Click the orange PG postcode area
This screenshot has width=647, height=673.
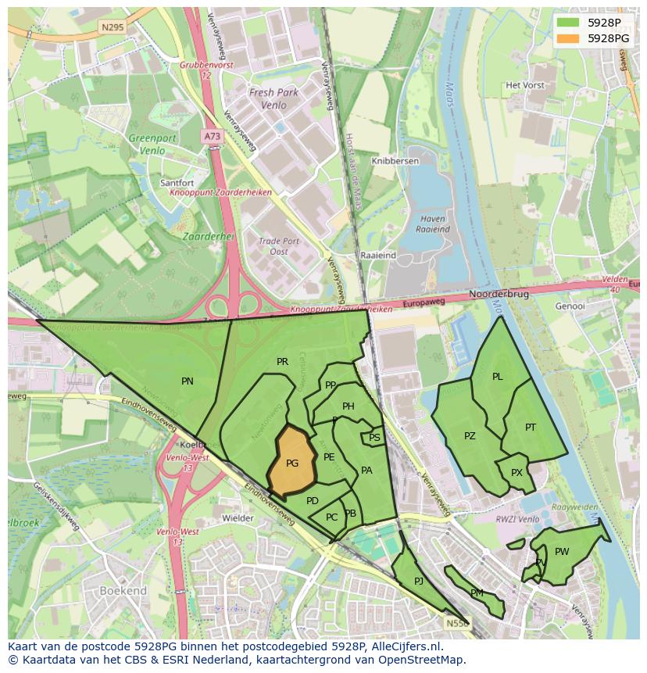[x=291, y=462]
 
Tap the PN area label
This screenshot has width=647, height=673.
[x=188, y=381]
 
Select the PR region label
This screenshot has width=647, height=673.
[x=282, y=362]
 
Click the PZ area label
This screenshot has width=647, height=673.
[x=470, y=436]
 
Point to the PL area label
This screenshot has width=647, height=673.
[x=498, y=377]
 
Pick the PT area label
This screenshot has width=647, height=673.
[x=531, y=427]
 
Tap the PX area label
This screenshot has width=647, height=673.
[x=517, y=473]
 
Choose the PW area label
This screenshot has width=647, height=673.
[x=562, y=552]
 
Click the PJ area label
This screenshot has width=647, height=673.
[x=419, y=581]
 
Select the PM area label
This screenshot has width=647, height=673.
[x=477, y=593]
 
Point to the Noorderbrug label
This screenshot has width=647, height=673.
[x=499, y=295]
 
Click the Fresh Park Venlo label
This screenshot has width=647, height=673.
[x=273, y=98]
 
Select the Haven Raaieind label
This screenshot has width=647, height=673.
[x=434, y=224]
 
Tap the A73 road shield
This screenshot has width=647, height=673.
[x=212, y=136]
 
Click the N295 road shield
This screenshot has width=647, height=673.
[x=113, y=27]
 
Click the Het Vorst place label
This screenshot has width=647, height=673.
[x=524, y=85]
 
